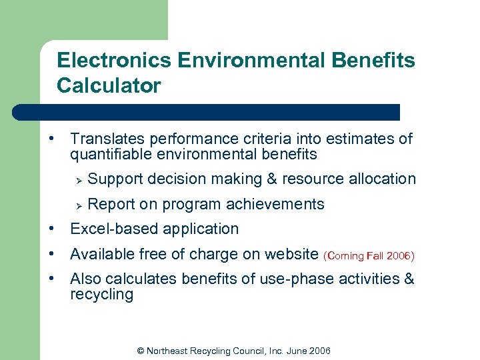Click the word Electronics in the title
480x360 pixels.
tap(114, 61)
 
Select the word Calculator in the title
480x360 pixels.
tap(109, 86)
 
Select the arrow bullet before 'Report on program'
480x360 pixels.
tap(78, 205)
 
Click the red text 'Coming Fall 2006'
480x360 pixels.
tap(369, 255)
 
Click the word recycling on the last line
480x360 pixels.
tap(101, 295)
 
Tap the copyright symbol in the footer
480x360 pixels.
tap(140, 351)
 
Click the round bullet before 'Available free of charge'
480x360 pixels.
tap(51, 254)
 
